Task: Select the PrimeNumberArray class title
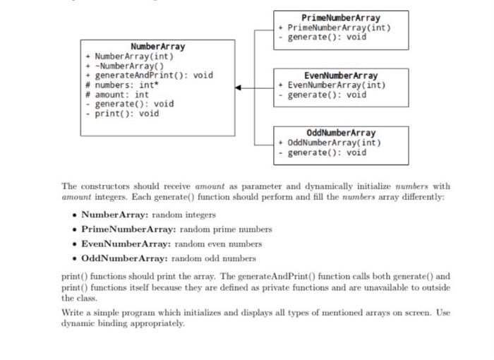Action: coord(341,18)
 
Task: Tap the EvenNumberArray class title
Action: coord(341,76)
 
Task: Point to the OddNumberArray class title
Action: coord(341,133)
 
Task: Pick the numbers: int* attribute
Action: coord(124,85)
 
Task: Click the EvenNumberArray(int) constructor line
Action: coord(336,85)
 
